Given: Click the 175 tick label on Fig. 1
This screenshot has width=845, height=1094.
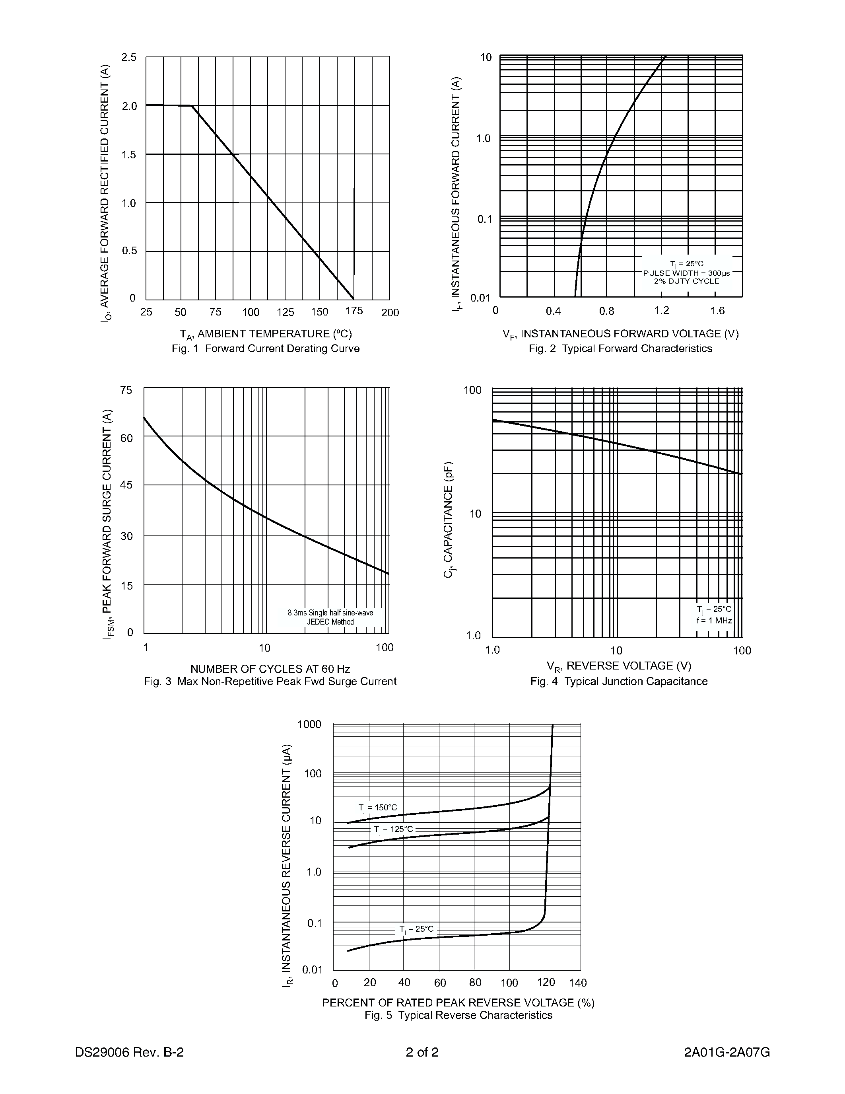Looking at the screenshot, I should (x=354, y=311).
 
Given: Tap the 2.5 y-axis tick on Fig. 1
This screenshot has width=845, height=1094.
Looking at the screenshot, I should (x=129, y=58).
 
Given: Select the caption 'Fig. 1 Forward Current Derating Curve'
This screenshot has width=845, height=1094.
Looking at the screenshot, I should (x=265, y=348).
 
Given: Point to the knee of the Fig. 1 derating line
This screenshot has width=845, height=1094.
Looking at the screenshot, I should (x=192, y=106).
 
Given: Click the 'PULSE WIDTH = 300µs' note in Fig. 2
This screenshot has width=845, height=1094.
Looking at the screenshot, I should (x=686, y=273).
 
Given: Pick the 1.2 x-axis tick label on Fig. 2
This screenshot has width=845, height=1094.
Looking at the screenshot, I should (x=661, y=311).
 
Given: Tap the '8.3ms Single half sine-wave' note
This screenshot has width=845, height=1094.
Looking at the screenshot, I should (x=330, y=613).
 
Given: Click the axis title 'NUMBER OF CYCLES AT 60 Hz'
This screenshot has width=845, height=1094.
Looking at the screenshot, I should (x=270, y=669).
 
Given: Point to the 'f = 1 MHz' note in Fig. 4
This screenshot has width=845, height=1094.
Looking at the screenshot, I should (x=714, y=621).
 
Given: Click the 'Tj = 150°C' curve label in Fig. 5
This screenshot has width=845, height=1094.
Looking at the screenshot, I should (x=377, y=808).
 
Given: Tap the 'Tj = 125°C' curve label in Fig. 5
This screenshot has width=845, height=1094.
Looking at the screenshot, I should (x=393, y=829).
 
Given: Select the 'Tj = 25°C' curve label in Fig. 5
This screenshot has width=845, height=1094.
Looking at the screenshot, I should (x=416, y=929).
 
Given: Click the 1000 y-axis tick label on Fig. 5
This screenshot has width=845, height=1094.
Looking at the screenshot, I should (x=309, y=724).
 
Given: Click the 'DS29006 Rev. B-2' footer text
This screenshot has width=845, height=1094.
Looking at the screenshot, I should (x=129, y=1052).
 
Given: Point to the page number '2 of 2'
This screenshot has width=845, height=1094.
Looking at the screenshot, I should (x=422, y=1052).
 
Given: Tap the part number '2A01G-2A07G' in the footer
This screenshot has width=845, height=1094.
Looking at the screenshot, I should (x=727, y=1052).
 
